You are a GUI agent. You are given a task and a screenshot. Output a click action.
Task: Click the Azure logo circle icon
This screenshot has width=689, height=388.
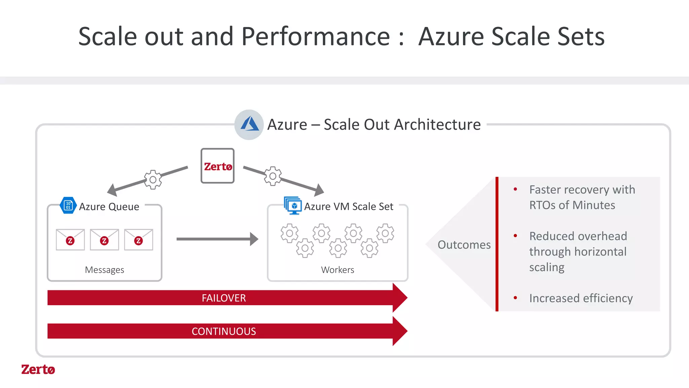tap(249, 124)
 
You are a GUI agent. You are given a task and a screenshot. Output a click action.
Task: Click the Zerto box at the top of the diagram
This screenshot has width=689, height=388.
tap(217, 166)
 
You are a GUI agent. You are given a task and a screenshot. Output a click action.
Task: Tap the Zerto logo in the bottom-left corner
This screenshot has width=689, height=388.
tap(38, 369)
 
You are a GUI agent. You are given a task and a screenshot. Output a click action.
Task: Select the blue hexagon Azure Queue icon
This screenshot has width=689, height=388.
tap(68, 205)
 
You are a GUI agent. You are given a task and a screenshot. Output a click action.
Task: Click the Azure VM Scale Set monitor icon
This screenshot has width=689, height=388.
tap(293, 205)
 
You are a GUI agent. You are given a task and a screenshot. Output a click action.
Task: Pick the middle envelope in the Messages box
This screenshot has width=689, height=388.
tap(104, 239)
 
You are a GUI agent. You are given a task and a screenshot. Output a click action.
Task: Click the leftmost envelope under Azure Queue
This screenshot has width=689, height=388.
tap(70, 239)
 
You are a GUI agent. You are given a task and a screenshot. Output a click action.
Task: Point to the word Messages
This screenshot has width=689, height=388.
tap(104, 270)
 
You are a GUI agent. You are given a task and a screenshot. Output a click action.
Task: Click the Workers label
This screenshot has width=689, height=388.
tap(337, 270)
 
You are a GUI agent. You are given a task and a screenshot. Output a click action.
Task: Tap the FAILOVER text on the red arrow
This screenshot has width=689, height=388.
tap(224, 298)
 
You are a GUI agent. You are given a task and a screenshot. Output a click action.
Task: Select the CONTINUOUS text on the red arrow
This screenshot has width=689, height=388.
tap(224, 331)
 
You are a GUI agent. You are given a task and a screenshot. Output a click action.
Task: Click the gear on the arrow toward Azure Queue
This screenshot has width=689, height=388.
tap(153, 180)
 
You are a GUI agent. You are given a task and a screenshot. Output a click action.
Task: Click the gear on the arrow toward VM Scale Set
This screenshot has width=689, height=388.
tap(273, 176)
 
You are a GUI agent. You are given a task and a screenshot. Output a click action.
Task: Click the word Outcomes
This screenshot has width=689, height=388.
tap(464, 245)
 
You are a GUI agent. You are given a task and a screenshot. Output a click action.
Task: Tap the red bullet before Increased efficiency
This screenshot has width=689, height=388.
tap(515, 298)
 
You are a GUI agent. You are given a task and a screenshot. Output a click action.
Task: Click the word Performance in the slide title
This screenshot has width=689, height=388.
tap(315, 36)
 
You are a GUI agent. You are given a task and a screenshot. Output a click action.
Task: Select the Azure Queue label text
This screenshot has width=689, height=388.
tap(109, 206)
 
